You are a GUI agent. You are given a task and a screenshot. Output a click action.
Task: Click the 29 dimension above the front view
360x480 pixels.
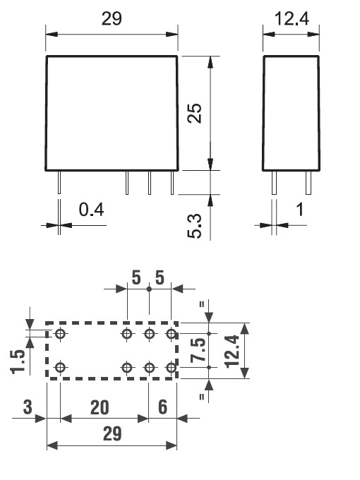(112, 18)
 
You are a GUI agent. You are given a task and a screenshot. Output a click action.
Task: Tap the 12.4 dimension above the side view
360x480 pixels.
(292, 18)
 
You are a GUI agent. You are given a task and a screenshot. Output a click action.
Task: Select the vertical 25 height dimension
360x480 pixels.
(195, 113)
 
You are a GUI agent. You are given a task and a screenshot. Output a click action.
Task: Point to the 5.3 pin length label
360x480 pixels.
(195, 226)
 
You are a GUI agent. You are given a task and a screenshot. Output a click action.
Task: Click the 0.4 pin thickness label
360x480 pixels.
(91, 210)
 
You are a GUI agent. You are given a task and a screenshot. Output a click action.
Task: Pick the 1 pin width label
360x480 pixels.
(300, 210)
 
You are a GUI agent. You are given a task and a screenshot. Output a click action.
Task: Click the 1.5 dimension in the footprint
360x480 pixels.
(18, 362)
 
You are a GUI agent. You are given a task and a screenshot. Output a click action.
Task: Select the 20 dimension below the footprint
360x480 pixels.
(100, 407)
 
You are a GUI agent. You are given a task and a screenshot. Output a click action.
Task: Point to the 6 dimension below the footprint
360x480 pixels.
(163, 407)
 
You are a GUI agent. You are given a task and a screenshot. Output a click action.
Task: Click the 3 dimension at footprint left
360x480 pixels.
(28, 407)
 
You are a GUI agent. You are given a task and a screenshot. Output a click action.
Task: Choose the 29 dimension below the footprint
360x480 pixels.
(112, 434)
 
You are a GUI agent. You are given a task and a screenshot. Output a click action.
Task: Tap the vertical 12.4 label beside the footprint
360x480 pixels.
(232, 351)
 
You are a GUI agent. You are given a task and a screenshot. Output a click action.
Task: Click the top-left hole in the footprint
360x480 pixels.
(60, 333)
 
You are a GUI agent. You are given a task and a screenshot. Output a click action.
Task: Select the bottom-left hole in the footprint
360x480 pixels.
(60, 367)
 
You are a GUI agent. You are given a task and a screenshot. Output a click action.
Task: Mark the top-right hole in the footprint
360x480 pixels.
(171, 333)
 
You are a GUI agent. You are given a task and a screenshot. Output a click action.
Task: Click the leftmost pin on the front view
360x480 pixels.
(59, 182)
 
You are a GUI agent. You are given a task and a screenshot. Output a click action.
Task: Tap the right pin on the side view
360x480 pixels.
(308, 183)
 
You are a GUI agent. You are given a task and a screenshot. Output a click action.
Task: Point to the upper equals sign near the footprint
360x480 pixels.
(202, 305)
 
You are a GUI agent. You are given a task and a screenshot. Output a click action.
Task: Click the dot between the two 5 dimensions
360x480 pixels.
(149, 289)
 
